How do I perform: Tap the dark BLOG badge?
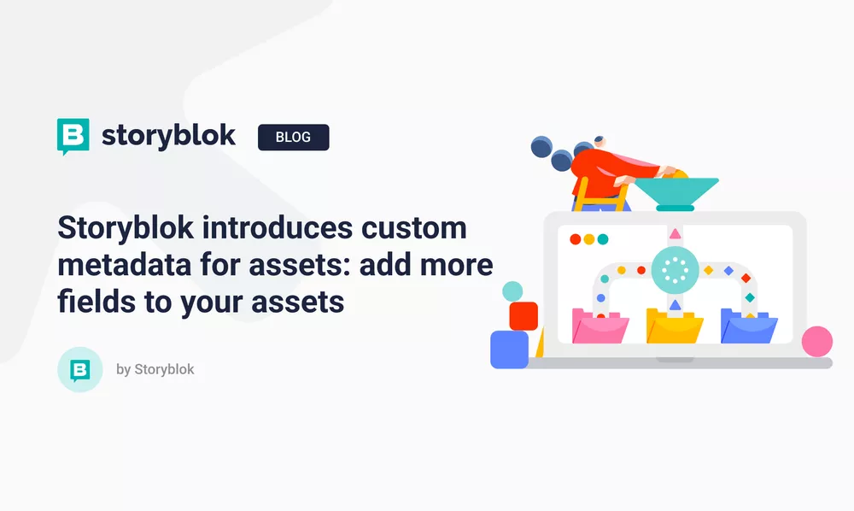293,137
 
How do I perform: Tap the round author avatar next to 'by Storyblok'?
79,369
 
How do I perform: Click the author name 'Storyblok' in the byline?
164,369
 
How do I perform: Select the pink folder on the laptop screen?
600,326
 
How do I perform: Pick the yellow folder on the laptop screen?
675,326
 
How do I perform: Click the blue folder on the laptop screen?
749,326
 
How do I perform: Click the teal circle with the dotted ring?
675,270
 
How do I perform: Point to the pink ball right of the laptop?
817,341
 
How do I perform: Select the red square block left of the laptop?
523,315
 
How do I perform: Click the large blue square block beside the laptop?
510,349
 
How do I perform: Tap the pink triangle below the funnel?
676,232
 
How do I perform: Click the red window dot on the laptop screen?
575,239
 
